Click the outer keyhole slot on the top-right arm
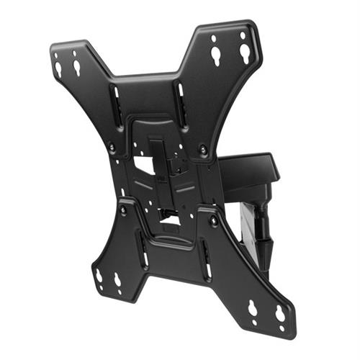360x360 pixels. click(245, 51)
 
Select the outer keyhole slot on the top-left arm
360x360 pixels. click(58, 69)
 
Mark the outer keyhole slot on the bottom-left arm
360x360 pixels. click(99, 276)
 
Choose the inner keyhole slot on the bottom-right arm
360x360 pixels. click(253, 309)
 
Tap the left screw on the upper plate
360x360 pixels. click(112, 148)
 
